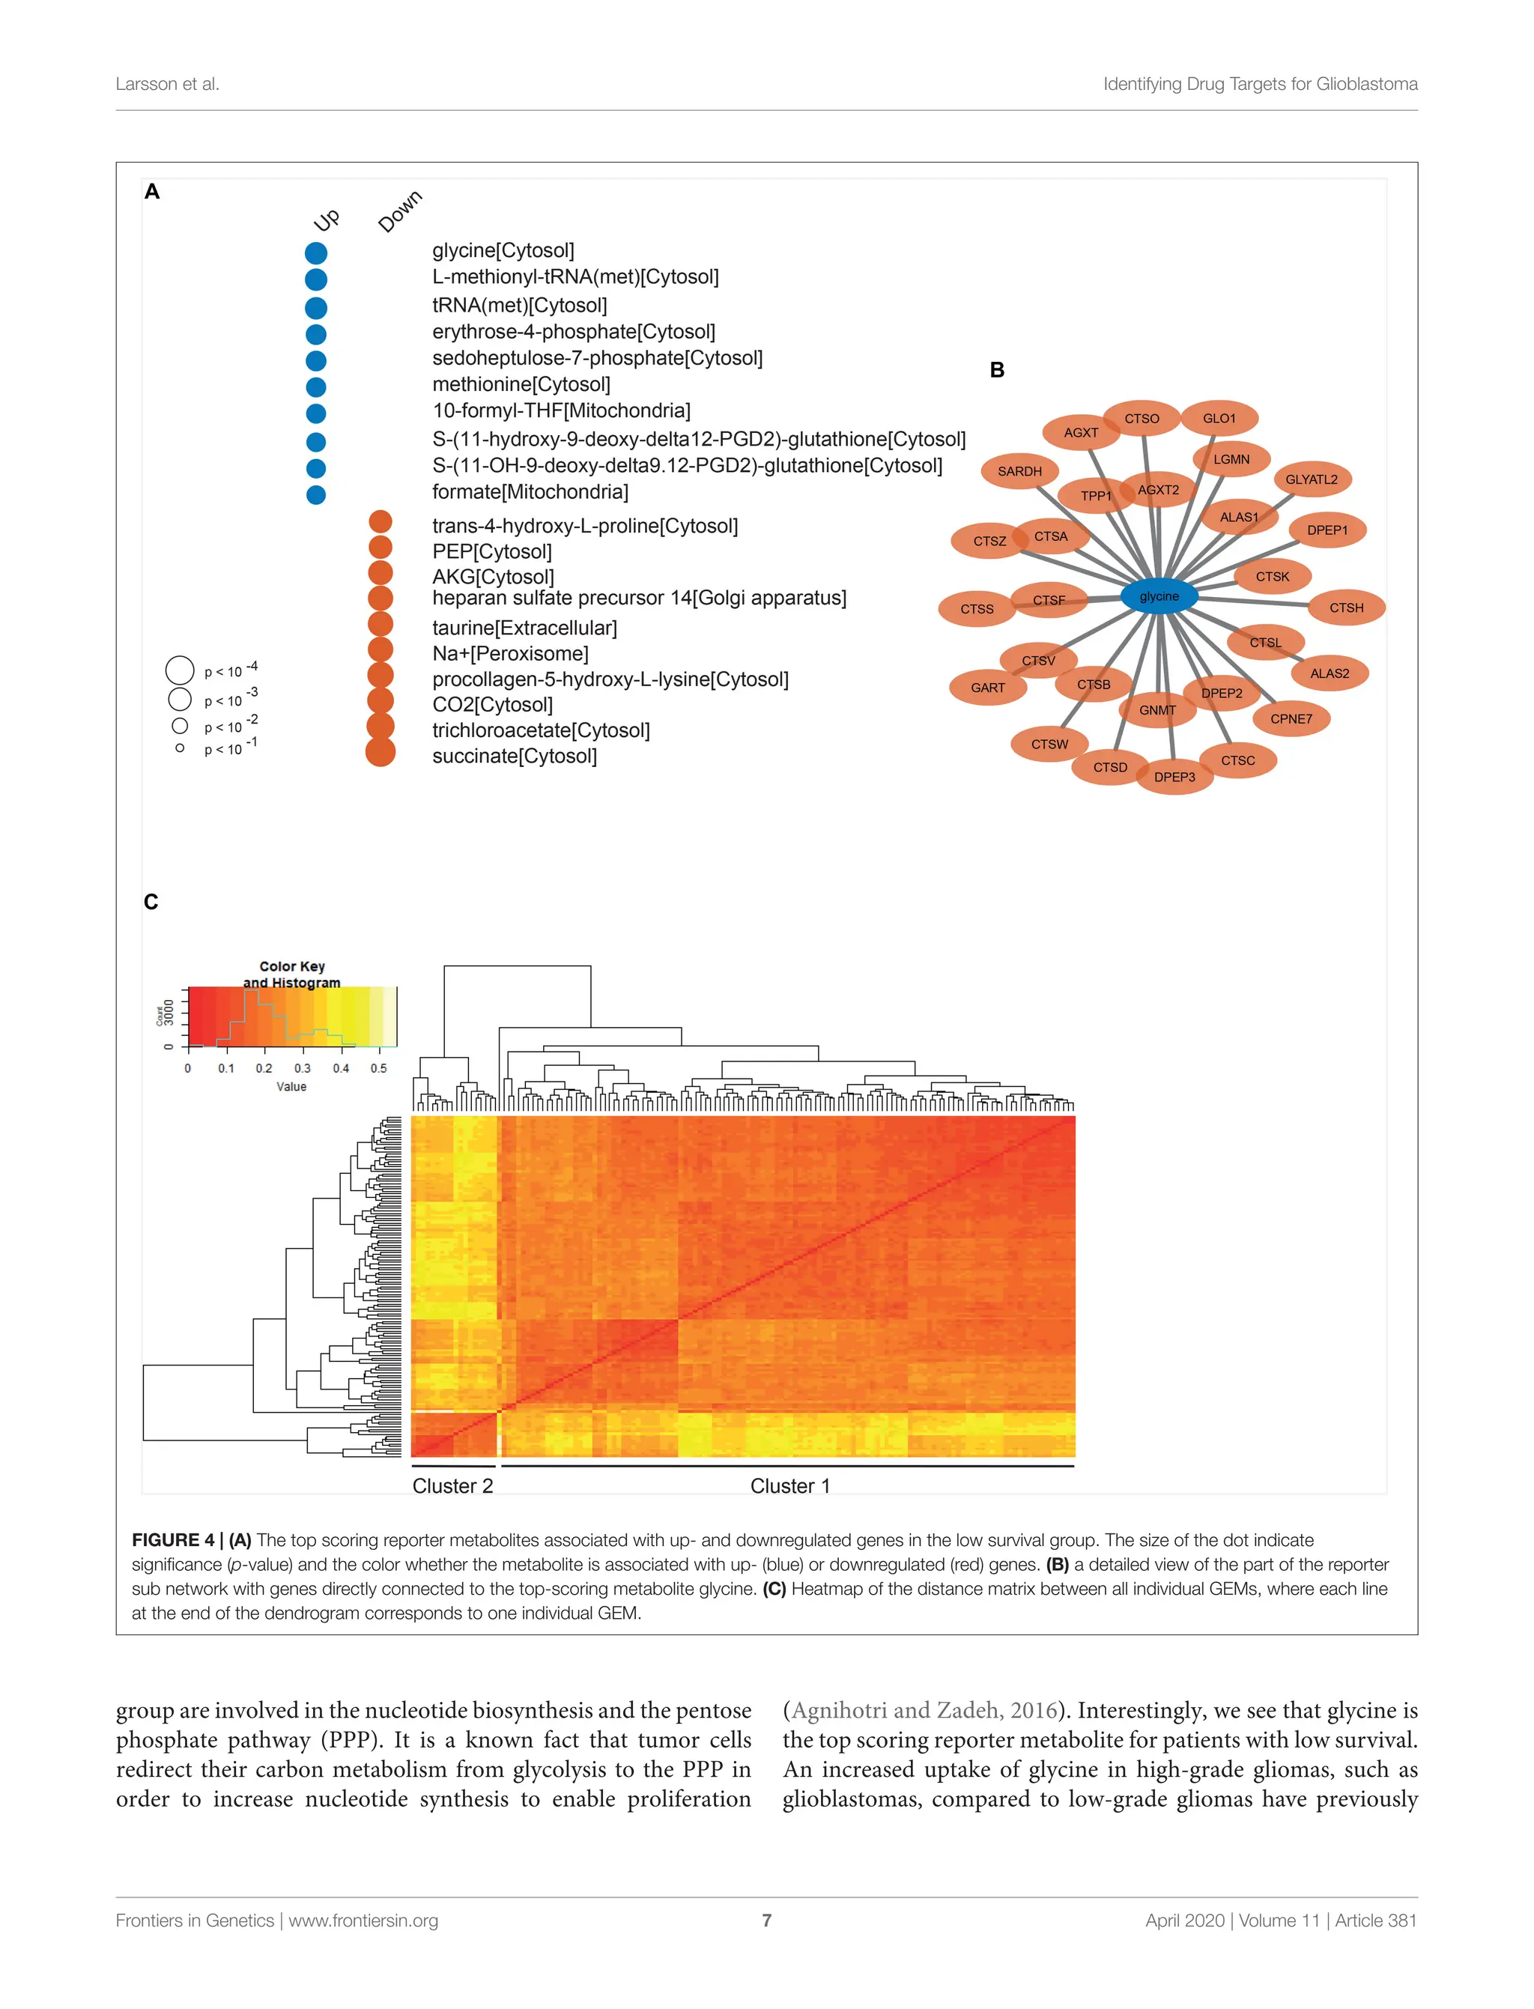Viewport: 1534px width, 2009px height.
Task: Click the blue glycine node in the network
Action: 1159,596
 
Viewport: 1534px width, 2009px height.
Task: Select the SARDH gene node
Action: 1019,471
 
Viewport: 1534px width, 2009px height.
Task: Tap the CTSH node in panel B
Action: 1346,607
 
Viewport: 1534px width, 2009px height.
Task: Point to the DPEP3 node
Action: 1174,777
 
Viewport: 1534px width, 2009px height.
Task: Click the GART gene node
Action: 987,688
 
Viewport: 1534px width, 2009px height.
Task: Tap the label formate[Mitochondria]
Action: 530,492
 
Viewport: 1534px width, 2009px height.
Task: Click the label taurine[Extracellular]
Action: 524,628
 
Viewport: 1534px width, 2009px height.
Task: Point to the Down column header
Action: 400,212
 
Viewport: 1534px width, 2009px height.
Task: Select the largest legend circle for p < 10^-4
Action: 180,670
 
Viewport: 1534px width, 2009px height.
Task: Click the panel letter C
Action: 151,902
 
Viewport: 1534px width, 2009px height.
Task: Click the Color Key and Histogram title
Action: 291,975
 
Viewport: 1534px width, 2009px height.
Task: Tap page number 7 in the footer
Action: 766,1921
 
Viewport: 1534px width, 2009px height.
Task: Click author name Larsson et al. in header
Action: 167,84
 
